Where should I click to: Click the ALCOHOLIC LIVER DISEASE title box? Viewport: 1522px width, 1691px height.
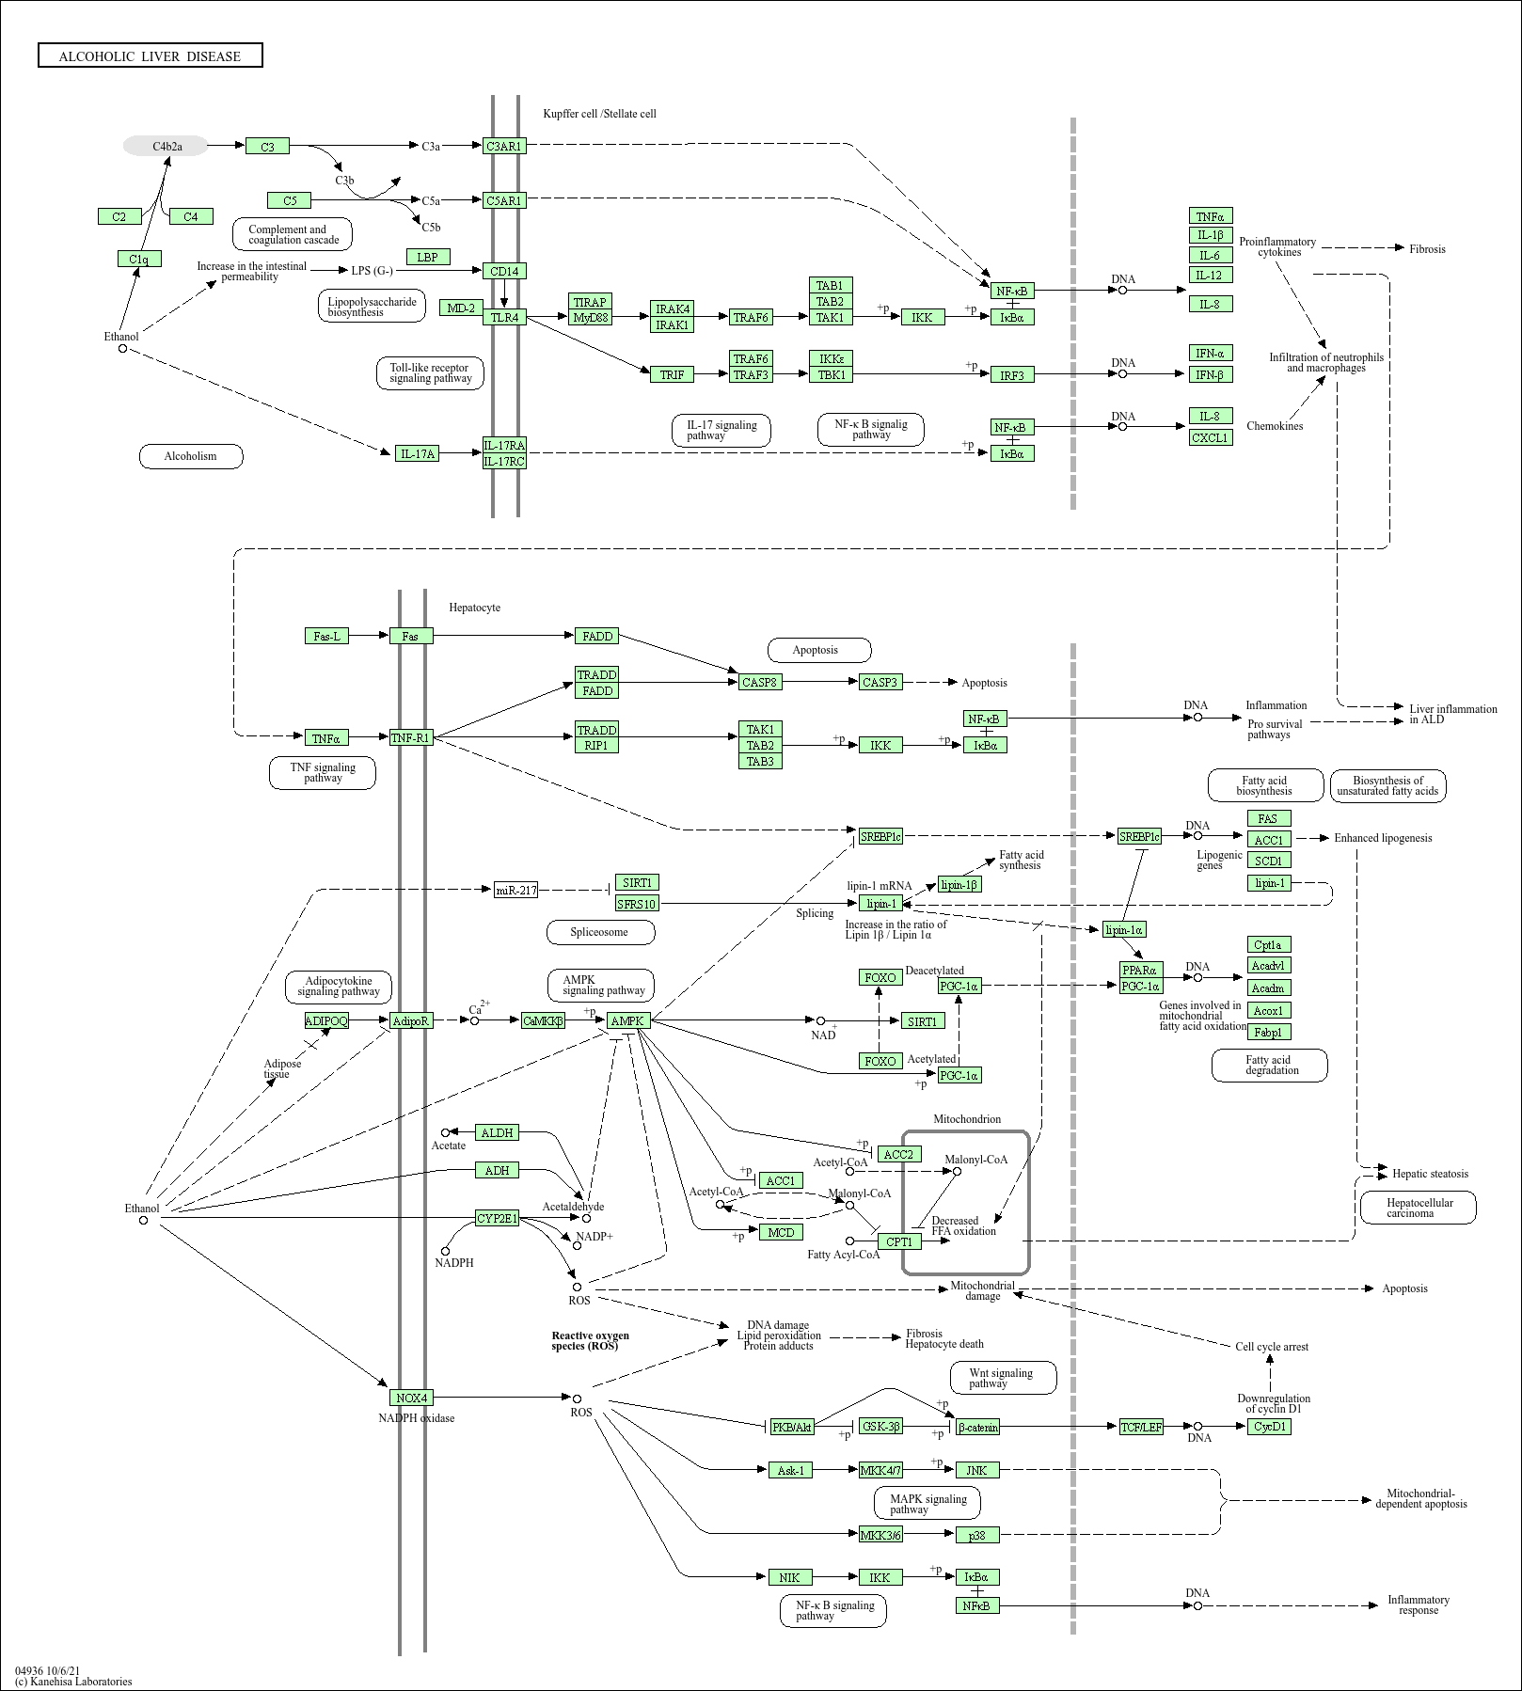(151, 56)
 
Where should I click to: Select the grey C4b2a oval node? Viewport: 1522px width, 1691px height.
(166, 146)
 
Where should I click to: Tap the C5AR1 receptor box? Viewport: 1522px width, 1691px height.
(504, 200)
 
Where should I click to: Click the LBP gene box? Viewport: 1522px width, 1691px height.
(428, 257)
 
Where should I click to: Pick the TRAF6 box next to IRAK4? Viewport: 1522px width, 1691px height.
(751, 317)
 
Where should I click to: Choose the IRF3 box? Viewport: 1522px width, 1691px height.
(1012, 375)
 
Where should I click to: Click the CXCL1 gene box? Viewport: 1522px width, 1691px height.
(1211, 437)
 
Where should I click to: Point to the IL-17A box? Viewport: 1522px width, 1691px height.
(418, 453)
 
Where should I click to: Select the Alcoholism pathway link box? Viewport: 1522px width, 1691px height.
(191, 456)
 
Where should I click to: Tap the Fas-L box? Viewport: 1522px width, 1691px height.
(327, 636)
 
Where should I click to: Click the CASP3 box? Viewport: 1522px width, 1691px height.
(880, 682)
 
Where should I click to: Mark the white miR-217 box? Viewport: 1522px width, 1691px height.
(516, 890)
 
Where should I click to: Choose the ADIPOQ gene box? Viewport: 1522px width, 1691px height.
(326, 1020)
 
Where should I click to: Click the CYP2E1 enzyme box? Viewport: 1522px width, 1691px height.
(498, 1219)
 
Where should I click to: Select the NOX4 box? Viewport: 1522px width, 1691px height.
(411, 1398)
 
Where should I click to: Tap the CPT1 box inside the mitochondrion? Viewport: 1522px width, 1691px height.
(899, 1241)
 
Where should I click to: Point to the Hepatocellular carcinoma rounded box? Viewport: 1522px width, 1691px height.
(1419, 1208)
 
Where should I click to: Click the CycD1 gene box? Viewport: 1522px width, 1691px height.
(1270, 1427)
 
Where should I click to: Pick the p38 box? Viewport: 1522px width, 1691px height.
(977, 1535)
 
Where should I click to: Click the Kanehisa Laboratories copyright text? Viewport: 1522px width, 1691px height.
(73, 1681)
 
